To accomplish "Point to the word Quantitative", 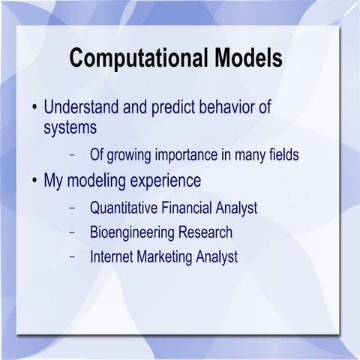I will click(x=124, y=207).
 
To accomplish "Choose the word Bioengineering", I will click(x=133, y=232).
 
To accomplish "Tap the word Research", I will click(x=206, y=232).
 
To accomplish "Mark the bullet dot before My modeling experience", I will click(x=34, y=181).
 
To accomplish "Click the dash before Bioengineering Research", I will click(x=72, y=232).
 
